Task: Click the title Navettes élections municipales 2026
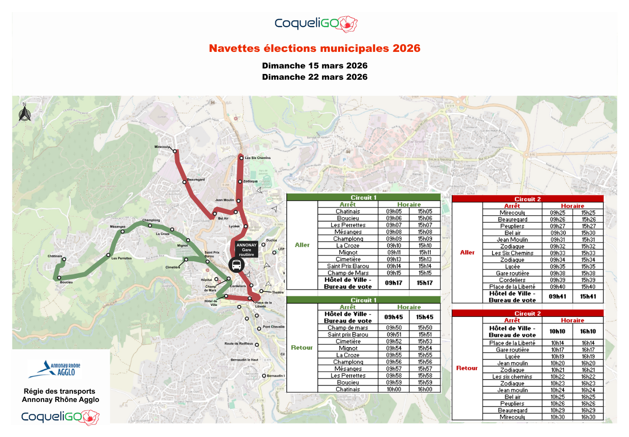click(314, 49)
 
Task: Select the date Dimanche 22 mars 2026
click(314, 77)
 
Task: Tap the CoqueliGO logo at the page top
click(316, 23)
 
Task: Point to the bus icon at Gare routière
click(236, 264)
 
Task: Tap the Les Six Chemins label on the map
click(258, 158)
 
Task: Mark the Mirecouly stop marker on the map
click(175, 152)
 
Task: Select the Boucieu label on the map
click(67, 282)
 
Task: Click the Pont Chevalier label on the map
click(273, 327)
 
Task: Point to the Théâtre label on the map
click(271, 292)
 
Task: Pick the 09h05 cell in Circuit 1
click(393, 211)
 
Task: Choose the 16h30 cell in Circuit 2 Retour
click(588, 417)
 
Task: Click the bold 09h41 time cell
click(557, 296)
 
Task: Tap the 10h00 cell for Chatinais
click(393, 389)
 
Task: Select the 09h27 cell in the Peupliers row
click(557, 226)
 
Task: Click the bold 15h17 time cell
click(425, 283)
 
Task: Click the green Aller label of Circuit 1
click(302, 245)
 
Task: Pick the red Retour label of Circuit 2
click(466, 368)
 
